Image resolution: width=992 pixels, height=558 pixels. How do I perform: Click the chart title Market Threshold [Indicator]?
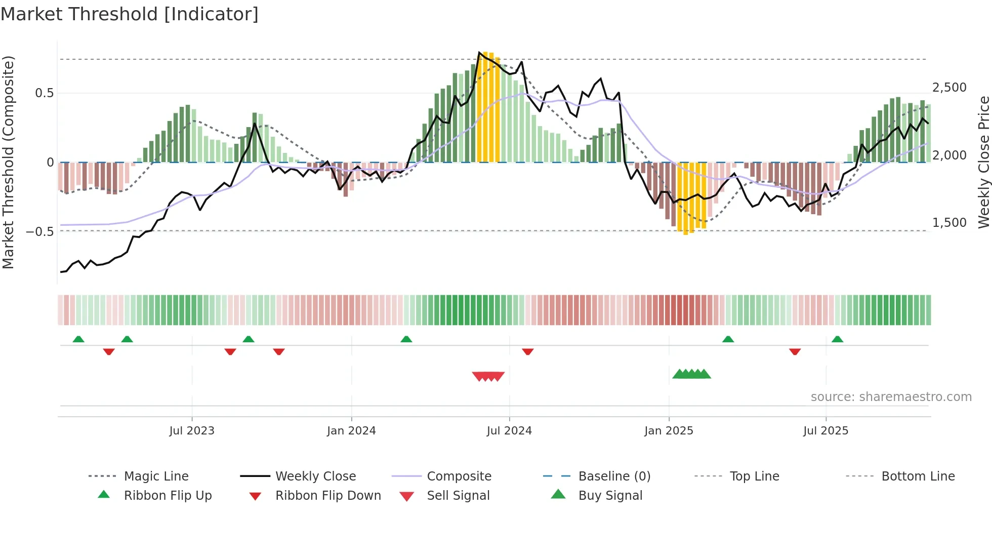point(130,14)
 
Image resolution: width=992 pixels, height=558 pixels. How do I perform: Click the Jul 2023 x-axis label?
point(192,430)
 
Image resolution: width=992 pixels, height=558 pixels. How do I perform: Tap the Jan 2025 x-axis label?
point(669,430)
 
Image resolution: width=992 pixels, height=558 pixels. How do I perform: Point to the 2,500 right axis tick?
point(949,87)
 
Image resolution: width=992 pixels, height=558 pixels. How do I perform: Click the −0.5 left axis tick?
point(40,231)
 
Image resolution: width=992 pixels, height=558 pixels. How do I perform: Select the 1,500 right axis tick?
point(949,222)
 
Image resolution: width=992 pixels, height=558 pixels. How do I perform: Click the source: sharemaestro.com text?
point(891,396)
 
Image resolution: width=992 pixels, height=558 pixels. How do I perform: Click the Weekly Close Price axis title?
point(983,162)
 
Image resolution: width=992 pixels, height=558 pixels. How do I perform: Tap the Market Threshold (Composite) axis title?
point(8,162)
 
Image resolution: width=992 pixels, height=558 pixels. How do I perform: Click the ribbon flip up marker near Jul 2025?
point(837,339)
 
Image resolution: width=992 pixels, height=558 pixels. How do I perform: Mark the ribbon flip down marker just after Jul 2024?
point(528,351)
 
